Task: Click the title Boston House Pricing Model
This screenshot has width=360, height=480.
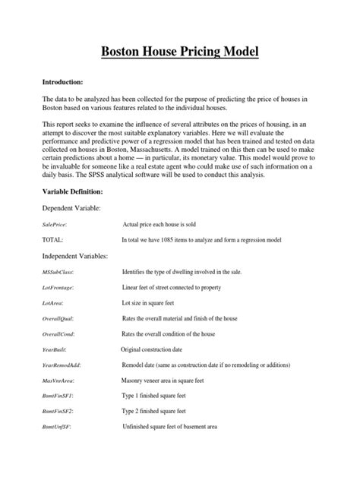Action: point(180,52)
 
